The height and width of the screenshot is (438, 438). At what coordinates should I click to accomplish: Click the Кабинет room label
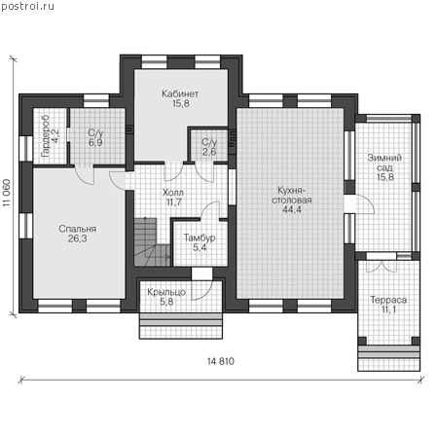[180, 93]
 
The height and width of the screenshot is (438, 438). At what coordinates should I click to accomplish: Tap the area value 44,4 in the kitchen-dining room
[292, 209]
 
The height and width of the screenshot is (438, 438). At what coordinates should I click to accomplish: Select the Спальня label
[78, 229]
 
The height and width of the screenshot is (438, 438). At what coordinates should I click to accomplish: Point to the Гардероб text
[46, 135]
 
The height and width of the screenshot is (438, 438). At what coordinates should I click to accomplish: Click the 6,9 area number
[95, 142]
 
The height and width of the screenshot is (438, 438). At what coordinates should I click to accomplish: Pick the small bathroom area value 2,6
[209, 152]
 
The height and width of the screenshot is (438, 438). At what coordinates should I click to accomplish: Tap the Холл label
[173, 193]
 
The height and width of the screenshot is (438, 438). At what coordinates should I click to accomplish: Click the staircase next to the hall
[152, 242]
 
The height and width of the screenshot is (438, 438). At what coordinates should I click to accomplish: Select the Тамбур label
[200, 237]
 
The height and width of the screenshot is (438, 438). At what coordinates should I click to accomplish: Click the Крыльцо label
[166, 292]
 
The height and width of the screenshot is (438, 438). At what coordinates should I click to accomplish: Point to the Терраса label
[388, 300]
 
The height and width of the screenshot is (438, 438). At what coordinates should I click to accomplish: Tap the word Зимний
[384, 158]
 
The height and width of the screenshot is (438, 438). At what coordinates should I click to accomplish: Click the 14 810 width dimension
[221, 361]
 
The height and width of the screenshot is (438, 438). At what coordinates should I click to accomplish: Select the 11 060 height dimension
[7, 193]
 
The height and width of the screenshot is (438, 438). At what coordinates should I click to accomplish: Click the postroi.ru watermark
[27, 6]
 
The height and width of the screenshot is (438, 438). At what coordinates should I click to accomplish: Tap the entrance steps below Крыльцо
[181, 326]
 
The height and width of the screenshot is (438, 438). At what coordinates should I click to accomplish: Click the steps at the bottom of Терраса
[388, 358]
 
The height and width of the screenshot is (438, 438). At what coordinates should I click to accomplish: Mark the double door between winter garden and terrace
[382, 266]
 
